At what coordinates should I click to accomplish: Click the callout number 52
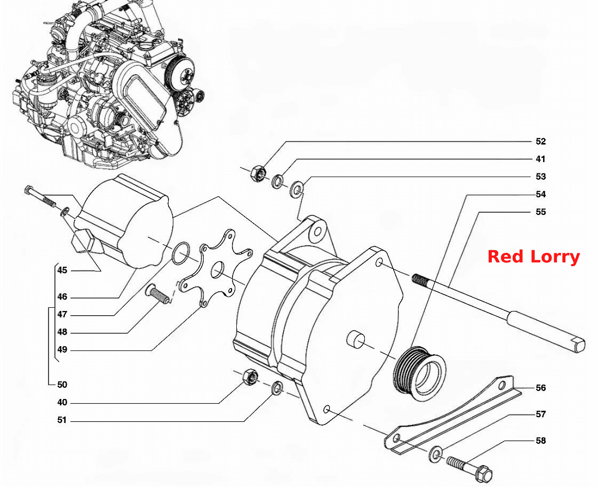point(540,141)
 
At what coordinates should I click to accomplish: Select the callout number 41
point(540,159)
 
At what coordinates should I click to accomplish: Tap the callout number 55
point(540,212)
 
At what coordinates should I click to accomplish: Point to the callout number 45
point(62,270)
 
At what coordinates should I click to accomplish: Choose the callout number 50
point(62,385)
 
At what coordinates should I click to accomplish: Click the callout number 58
point(540,441)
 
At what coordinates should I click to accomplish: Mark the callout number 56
point(540,388)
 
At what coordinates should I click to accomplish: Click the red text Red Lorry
point(533,257)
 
